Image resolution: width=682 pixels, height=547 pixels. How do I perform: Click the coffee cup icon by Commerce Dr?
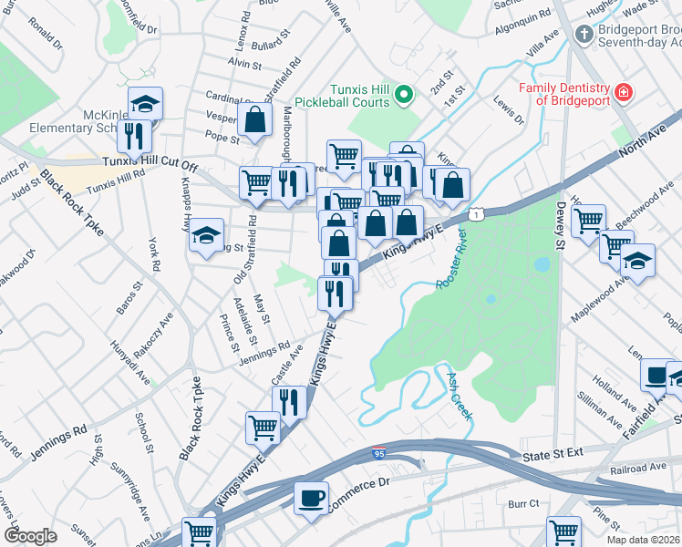[x=311, y=498]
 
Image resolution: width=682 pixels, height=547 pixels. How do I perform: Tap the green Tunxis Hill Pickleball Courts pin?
[x=408, y=95]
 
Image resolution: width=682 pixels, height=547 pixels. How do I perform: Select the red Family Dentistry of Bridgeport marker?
[x=624, y=93]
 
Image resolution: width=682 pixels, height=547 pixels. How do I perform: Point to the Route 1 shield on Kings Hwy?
[x=476, y=212]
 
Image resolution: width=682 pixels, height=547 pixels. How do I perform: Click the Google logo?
[x=30, y=536]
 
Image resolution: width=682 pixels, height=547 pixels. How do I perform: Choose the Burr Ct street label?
[x=523, y=503]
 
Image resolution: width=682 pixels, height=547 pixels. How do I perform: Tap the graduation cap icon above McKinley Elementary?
[x=144, y=103]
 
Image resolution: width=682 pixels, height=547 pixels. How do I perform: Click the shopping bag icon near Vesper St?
[x=255, y=119]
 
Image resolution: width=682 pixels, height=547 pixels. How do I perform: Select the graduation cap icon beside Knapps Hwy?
[x=206, y=234]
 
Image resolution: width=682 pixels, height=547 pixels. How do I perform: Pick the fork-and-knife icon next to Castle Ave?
[x=289, y=401]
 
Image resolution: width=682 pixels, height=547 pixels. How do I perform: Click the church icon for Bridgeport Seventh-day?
[x=584, y=35]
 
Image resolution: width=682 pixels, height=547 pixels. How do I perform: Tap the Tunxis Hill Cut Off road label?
[x=150, y=164]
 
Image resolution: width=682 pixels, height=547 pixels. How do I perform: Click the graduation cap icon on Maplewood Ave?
[x=637, y=260]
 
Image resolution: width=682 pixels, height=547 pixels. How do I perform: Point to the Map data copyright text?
[x=643, y=540]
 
